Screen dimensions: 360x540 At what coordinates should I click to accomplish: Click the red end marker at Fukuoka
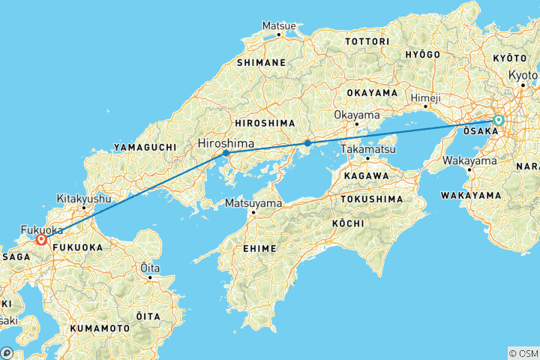[x=41, y=240]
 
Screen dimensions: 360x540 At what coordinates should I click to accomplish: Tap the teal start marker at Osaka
[x=498, y=120]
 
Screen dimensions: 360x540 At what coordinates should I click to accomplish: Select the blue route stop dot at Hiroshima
[x=226, y=153]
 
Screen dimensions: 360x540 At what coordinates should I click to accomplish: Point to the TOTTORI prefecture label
[x=367, y=40]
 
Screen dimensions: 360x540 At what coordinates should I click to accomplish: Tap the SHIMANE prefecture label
[x=262, y=63]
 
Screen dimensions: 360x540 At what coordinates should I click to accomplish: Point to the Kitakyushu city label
[x=84, y=199]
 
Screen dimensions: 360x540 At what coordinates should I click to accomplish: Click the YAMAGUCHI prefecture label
[x=146, y=148]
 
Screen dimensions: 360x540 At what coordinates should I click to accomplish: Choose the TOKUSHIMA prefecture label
[x=372, y=199]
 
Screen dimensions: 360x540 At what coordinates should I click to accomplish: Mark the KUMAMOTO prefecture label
[x=100, y=328]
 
